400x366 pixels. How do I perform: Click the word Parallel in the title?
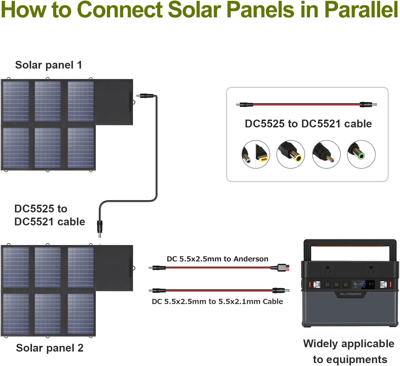click(361, 10)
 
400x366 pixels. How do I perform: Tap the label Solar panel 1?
click(48, 65)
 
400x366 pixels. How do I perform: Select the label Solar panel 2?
click(50, 348)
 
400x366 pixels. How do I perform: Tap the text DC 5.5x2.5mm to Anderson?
click(217, 259)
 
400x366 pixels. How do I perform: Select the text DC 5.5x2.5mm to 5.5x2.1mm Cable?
click(217, 301)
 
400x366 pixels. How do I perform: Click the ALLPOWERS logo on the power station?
click(350, 294)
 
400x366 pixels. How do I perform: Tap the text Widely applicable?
click(349, 344)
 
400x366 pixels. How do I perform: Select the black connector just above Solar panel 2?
click(100, 226)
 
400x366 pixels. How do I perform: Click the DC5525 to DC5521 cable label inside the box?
click(308, 124)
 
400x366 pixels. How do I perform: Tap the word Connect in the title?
click(120, 10)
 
